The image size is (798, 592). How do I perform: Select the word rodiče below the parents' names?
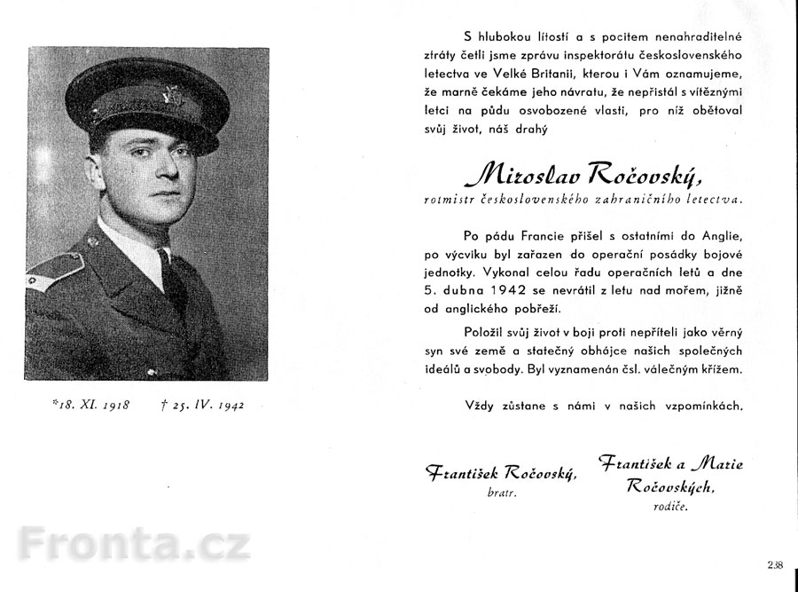(x=671, y=507)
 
